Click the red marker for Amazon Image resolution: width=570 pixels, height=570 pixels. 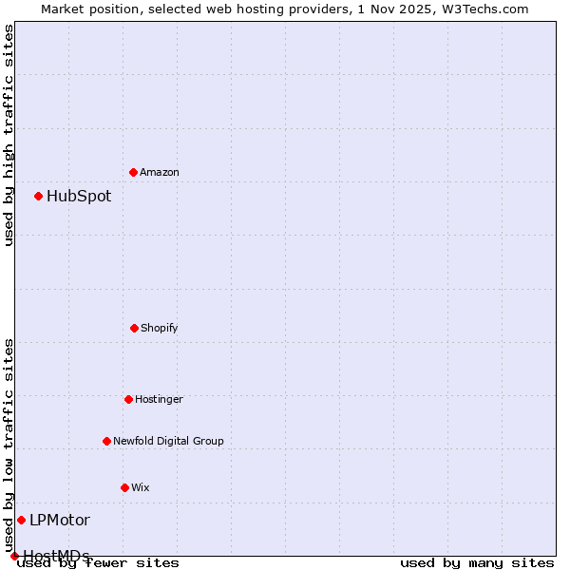pyautogui.click(x=133, y=172)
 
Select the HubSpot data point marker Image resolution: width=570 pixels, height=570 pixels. pyautogui.click(x=38, y=196)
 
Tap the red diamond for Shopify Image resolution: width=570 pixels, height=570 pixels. pyautogui.click(x=134, y=328)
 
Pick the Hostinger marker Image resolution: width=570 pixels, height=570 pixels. pyautogui.click(x=128, y=399)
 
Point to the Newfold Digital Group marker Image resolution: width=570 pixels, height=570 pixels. pyautogui.click(x=106, y=441)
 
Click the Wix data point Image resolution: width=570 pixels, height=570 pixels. pyautogui.click(x=124, y=487)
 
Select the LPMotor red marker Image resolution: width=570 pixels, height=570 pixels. pyautogui.click(x=21, y=520)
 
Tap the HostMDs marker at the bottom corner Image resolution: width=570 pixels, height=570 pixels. pyautogui.click(x=14, y=556)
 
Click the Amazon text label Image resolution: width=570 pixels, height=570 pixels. pyautogui.click(x=160, y=172)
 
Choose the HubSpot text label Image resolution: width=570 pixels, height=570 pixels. pyautogui.click(x=79, y=197)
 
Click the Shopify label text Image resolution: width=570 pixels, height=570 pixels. pyautogui.click(x=160, y=328)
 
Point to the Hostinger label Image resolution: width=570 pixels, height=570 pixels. pyautogui.click(x=159, y=399)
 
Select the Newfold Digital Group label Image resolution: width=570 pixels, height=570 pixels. pyautogui.click(x=168, y=441)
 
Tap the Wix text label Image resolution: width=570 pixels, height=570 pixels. pyautogui.click(x=141, y=487)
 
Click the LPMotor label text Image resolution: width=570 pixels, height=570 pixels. pyautogui.click(x=60, y=521)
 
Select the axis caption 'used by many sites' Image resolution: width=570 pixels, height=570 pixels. pyautogui.click(x=477, y=563)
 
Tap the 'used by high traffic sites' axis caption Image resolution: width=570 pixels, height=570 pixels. pyautogui.click(x=9, y=136)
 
